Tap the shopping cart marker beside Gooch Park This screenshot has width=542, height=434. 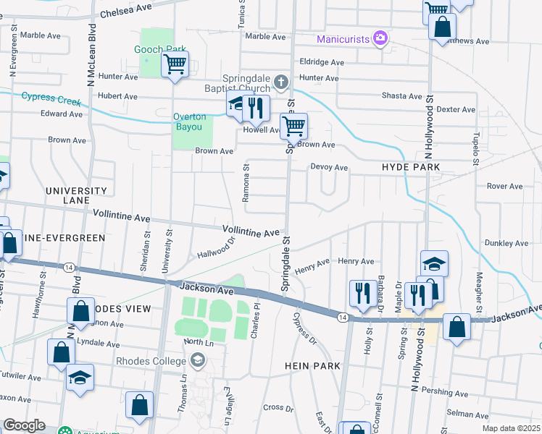tap(175, 64)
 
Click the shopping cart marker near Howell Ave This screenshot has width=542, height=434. tap(293, 126)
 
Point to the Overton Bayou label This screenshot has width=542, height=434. tap(189, 122)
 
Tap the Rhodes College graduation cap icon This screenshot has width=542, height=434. tap(197, 359)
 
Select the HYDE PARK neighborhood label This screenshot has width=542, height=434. tap(410, 167)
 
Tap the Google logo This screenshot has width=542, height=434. tap(24, 425)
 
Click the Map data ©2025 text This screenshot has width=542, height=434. tap(510, 428)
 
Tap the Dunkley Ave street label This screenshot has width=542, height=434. tap(506, 243)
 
